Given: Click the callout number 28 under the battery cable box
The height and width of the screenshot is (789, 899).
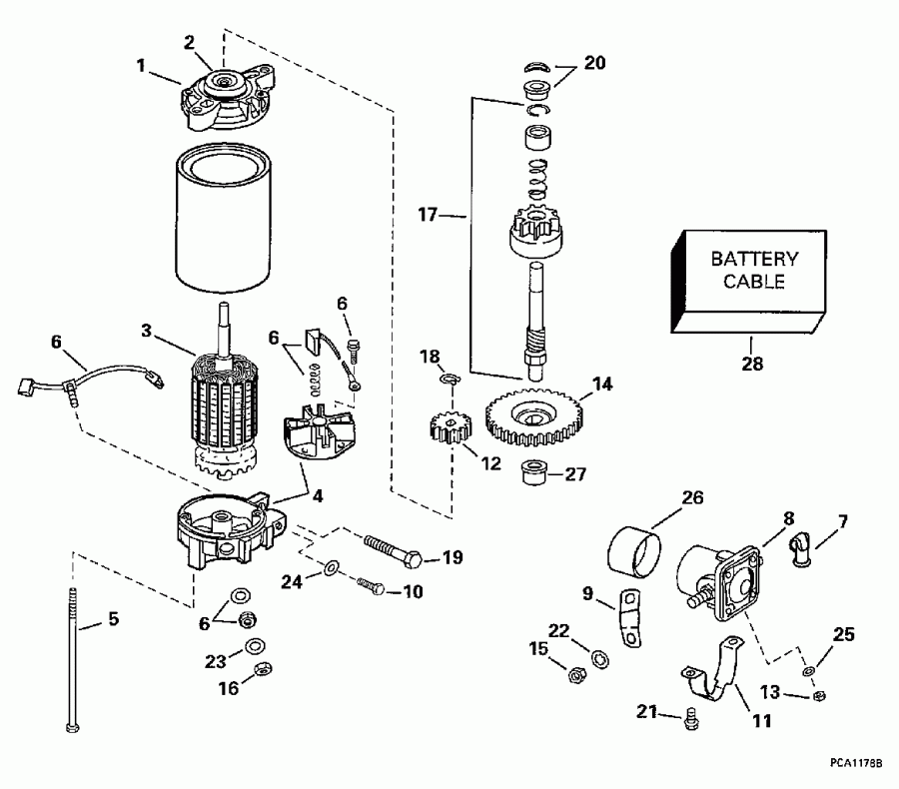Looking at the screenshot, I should (x=751, y=364).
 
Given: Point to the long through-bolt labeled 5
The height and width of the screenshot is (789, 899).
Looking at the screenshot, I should (x=74, y=659).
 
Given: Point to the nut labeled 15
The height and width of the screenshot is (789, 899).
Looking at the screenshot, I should (x=576, y=675).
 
